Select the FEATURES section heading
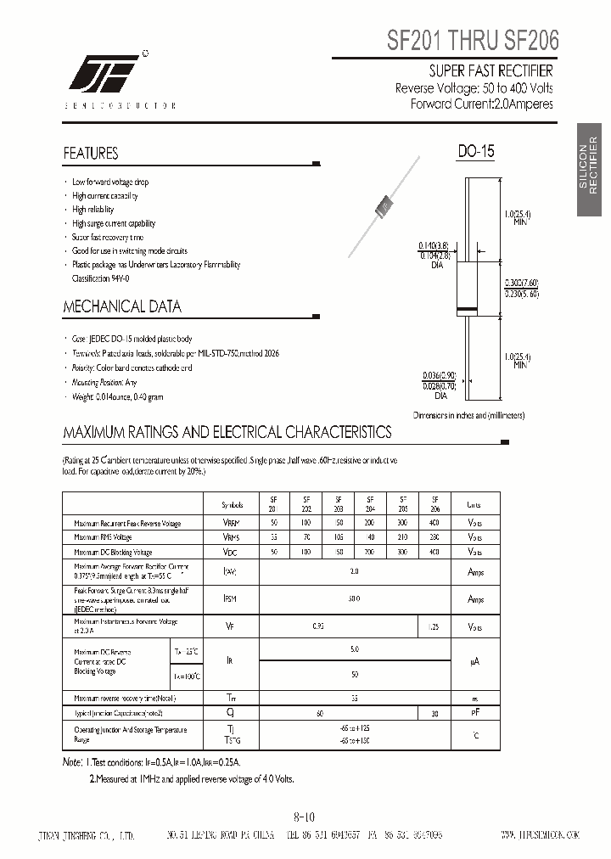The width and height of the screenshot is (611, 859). click(x=91, y=154)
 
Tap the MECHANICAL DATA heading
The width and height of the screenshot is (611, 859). click(x=122, y=306)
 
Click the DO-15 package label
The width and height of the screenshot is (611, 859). click(x=476, y=152)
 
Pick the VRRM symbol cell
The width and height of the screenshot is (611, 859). click(x=231, y=523)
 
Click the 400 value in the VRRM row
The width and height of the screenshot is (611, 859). click(x=434, y=523)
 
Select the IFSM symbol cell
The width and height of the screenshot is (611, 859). click(x=231, y=598)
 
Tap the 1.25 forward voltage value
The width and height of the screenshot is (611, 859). click(x=434, y=627)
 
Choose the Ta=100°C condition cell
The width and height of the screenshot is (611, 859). click(x=187, y=676)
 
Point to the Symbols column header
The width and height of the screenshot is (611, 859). click(x=232, y=503)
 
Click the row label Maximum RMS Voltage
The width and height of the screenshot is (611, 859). click(x=104, y=537)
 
